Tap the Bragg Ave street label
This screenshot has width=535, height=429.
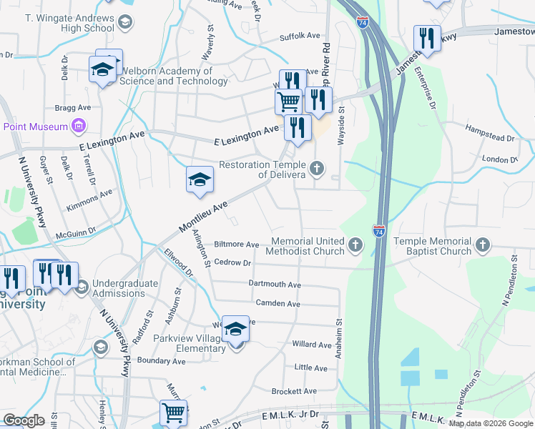click(72, 107)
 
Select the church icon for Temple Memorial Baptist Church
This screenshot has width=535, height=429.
click(483, 246)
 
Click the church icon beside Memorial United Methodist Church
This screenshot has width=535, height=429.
click(355, 246)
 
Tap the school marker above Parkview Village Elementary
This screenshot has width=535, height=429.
click(235, 330)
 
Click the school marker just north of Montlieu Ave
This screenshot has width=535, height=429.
click(200, 180)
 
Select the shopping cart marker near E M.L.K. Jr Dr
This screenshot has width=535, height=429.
click(173, 413)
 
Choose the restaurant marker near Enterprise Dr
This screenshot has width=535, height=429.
click(427, 39)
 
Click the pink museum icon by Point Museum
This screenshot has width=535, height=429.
click(79, 127)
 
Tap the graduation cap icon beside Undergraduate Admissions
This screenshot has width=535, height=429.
click(81, 287)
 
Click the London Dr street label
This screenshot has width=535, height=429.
click(499, 159)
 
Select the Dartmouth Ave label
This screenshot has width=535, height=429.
click(275, 284)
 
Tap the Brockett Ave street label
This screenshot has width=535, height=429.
click(293, 391)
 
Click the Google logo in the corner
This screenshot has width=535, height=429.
click(24, 420)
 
